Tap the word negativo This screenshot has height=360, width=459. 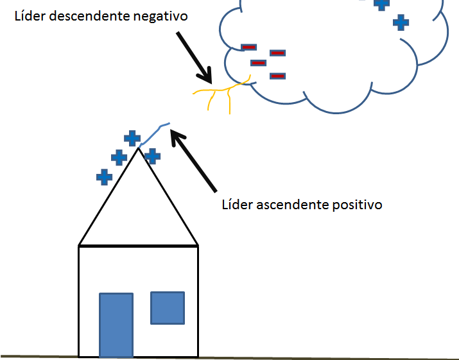click(160, 17)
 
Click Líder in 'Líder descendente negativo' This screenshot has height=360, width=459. click(30, 15)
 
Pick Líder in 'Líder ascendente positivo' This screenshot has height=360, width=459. click(238, 204)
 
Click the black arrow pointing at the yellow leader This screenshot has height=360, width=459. click(194, 58)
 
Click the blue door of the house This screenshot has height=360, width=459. click(116, 325)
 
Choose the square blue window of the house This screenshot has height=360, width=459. click(168, 308)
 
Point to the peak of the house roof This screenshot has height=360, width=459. click(139, 148)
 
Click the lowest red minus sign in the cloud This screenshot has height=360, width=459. click(277, 76)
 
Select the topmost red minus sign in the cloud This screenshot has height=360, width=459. click(249, 47)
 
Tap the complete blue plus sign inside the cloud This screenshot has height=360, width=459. click(401, 22)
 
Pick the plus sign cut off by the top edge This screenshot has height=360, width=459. click(381, 4)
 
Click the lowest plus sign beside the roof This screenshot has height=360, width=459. click(104, 177)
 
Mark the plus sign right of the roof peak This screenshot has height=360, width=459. click(152, 157)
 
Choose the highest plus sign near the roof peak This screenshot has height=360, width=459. click(132, 139)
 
